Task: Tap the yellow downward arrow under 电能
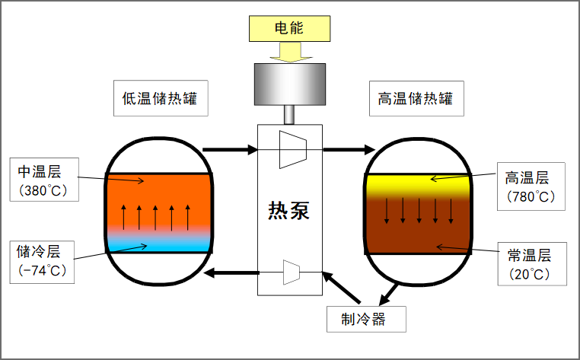[x=290, y=52]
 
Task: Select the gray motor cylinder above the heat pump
[x=289, y=83]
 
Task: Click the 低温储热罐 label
[x=161, y=99]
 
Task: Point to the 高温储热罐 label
[x=416, y=99]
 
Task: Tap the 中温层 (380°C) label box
[x=44, y=180]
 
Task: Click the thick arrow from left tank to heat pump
[x=231, y=149]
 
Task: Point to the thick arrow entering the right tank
[x=346, y=149]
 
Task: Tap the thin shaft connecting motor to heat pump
[x=289, y=114]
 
